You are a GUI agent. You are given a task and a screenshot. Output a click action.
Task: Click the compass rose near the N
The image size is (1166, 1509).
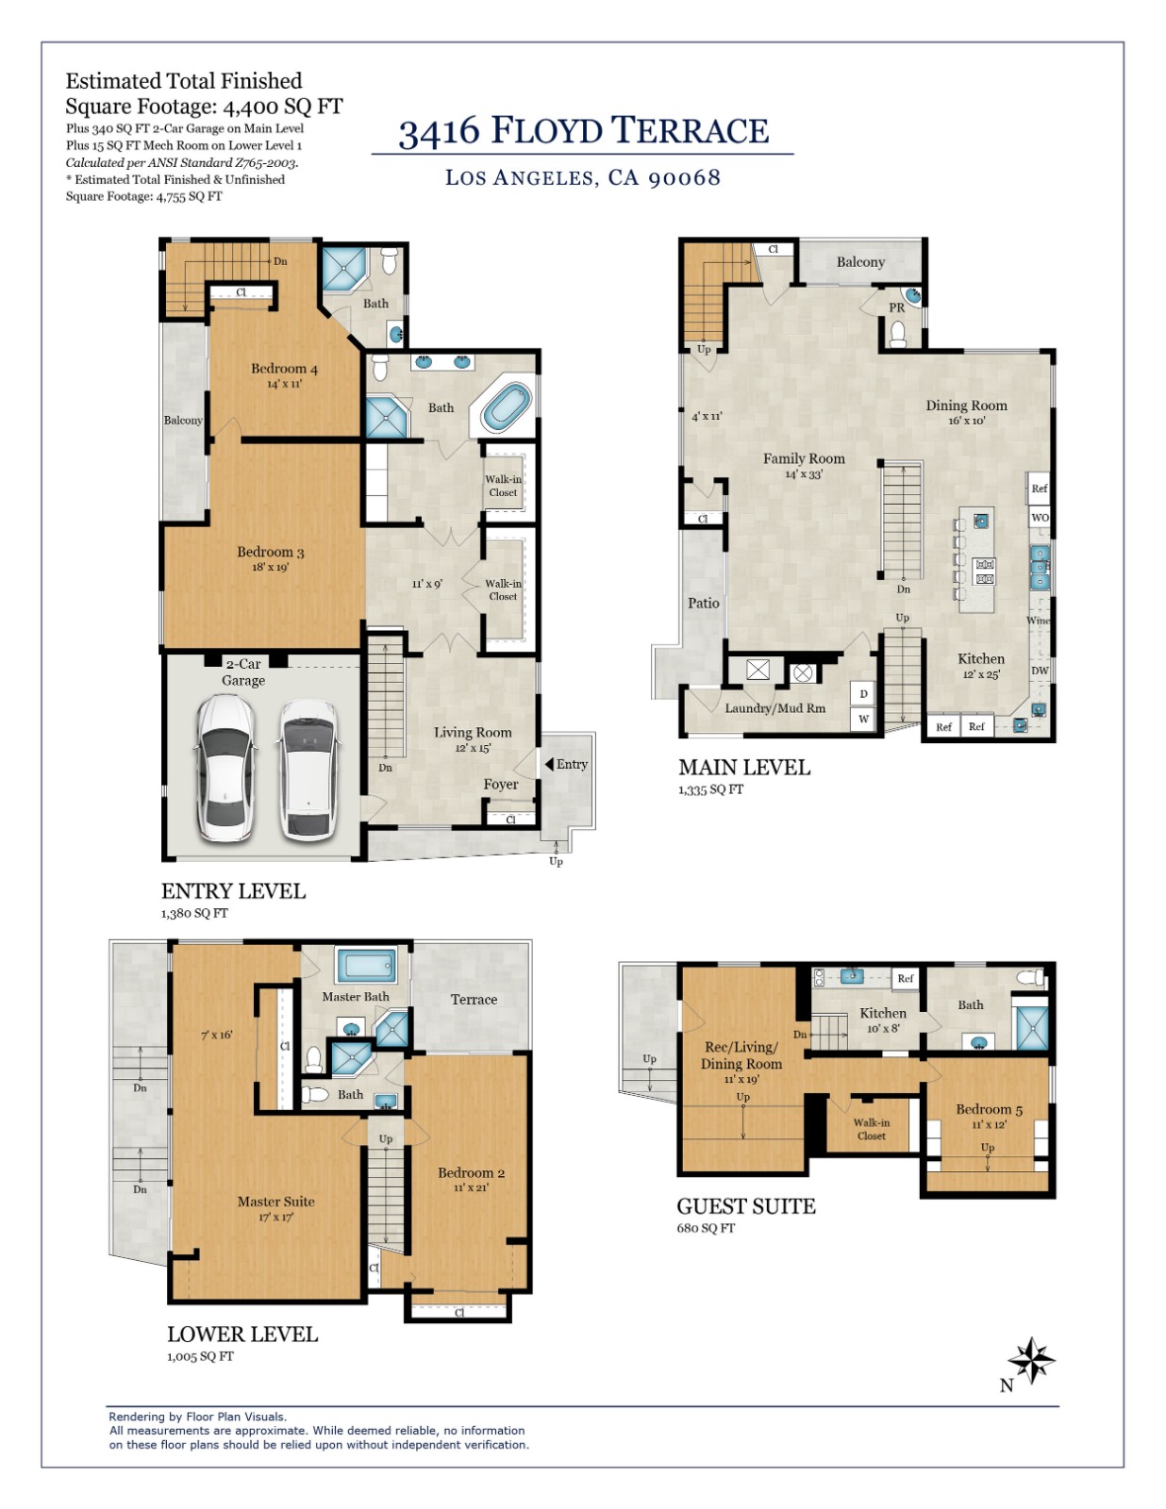(x=1031, y=1360)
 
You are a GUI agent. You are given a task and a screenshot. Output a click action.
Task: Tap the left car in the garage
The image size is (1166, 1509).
(x=225, y=768)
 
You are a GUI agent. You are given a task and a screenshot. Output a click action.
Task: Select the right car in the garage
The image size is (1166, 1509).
(x=308, y=770)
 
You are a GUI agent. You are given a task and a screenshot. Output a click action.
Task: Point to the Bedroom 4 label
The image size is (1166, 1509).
(x=284, y=369)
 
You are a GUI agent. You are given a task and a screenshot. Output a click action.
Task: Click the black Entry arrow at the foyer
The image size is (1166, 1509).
(x=549, y=765)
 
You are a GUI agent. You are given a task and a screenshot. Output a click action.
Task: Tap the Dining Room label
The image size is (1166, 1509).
(x=966, y=406)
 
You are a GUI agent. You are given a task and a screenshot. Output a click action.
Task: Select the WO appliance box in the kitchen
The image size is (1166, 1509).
(x=1040, y=517)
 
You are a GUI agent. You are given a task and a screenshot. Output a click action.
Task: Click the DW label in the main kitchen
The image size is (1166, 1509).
(x=1040, y=671)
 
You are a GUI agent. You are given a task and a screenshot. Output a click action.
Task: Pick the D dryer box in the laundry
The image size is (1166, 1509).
(x=863, y=694)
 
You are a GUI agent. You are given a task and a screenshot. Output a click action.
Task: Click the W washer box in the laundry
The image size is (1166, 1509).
(x=863, y=719)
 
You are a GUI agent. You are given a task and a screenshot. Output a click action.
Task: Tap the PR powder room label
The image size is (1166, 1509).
(x=896, y=307)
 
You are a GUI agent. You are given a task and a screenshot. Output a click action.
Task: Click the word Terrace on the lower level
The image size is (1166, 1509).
(x=474, y=1000)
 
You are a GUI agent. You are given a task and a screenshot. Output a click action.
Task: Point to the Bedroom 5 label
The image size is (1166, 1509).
(x=989, y=1109)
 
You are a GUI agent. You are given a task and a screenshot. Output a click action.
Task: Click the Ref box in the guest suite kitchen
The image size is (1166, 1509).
(x=906, y=979)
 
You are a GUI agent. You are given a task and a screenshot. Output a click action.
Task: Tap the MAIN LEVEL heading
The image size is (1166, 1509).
(x=744, y=768)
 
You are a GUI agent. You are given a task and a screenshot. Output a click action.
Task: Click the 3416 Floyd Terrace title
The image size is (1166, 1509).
(x=583, y=130)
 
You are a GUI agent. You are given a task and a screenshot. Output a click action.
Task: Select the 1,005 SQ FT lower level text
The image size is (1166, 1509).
(x=200, y=1356)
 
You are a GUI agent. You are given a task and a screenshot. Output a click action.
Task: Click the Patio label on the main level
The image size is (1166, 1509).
(x=703, y=604)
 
